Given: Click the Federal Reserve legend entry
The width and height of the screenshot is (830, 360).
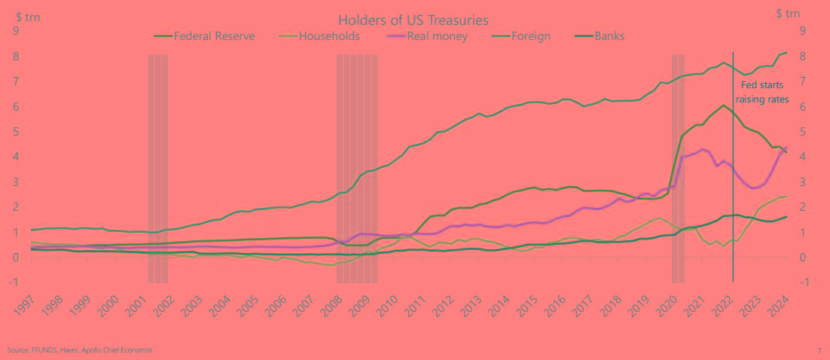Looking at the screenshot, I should (x=213, y=35).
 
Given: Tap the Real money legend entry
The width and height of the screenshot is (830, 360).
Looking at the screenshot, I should (x=437, y=35).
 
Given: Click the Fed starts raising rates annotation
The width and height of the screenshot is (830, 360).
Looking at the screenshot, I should (x=764, y=92).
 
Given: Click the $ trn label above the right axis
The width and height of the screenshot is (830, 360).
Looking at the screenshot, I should (x=788, y=13).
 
